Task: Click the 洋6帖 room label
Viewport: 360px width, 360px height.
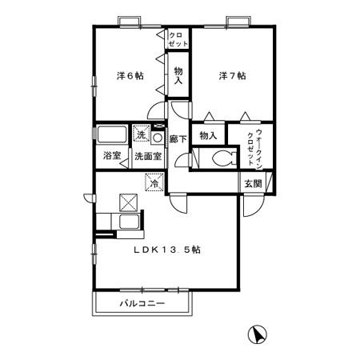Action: coord(130,76)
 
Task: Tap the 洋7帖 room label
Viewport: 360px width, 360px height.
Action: coord(233,76)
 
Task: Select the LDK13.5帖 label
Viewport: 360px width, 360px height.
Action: coord(166,249)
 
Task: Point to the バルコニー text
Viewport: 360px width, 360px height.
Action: coord(142,305)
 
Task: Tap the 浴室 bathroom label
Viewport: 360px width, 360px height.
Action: coord(112,156)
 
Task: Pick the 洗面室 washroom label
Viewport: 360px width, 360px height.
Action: coord(148,156)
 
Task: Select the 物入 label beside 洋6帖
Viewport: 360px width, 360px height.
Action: coord(178,77)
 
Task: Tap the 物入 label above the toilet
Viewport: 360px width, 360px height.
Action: coord(208,136)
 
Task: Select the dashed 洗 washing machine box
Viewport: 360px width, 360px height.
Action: coord(141,134)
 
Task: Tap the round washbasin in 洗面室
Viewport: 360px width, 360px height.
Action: coord(158,138)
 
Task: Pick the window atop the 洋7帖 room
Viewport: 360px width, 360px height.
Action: coord(235,20)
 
